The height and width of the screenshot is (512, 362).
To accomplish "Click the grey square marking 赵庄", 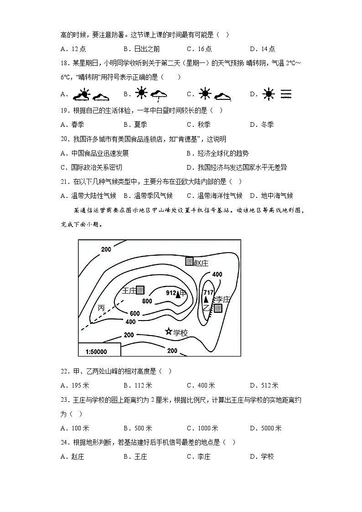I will click(190, 261).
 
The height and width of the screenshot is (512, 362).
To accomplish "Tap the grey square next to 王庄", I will click(140, 290).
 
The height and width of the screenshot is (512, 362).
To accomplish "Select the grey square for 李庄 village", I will click(218, 308).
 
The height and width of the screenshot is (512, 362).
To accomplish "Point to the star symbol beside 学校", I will click(169, 332).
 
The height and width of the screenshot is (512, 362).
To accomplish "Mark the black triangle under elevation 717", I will click(206, 300).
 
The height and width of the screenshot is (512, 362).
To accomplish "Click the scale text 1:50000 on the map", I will click(96, 352).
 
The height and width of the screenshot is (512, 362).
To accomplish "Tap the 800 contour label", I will click(147, 301).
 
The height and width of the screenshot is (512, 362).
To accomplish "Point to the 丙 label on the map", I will click(101, 308).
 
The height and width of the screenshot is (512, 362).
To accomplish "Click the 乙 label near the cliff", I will click(206, 308).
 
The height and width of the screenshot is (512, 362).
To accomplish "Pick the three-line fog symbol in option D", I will click(286, 94).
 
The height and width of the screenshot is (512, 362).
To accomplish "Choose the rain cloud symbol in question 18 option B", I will click(159, 95).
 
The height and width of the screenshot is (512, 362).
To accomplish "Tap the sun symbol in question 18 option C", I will click(205, 94).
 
